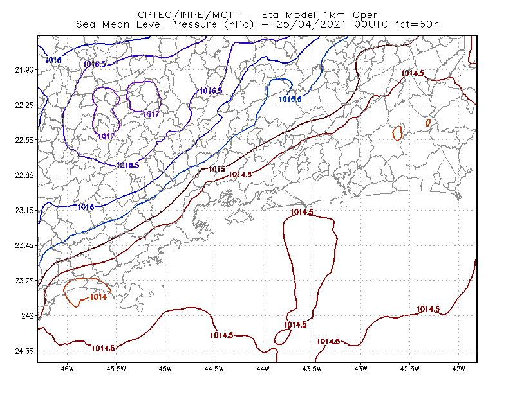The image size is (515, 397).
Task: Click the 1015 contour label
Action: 217,169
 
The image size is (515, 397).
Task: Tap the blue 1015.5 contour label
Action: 290,99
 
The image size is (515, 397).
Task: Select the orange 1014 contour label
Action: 98,297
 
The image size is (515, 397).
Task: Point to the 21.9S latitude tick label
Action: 24,70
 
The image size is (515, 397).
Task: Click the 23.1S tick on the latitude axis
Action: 24,210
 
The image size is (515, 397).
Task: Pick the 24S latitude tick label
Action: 28,315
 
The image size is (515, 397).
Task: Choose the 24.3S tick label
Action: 24,351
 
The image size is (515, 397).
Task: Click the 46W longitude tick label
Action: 68,369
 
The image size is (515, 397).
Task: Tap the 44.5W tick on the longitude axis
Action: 214,369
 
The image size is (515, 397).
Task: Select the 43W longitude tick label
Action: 360,369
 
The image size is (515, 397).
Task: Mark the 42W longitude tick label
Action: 458,369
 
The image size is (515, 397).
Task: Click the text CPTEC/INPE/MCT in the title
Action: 185,15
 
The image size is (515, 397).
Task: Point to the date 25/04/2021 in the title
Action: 312,24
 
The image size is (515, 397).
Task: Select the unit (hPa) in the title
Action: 239,24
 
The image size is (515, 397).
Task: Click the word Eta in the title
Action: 271,15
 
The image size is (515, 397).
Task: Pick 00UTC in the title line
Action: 371,24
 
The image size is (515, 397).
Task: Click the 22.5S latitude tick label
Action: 24,140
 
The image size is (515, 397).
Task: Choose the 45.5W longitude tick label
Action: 117,369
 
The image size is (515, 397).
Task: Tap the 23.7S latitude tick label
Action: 24,281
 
